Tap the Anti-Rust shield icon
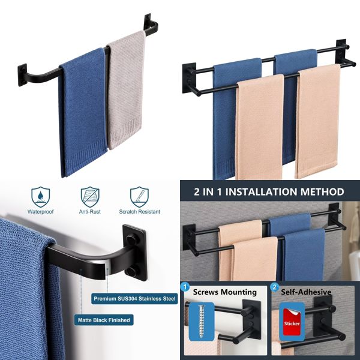click(89, 196)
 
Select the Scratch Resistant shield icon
click(139, 196)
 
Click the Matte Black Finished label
click(104, 320)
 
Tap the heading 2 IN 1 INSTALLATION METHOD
click(269, 192)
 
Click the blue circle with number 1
click(186, 288)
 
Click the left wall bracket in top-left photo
click(23, 75)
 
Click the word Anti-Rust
click(89, 211)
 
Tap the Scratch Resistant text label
click(139, 211)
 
